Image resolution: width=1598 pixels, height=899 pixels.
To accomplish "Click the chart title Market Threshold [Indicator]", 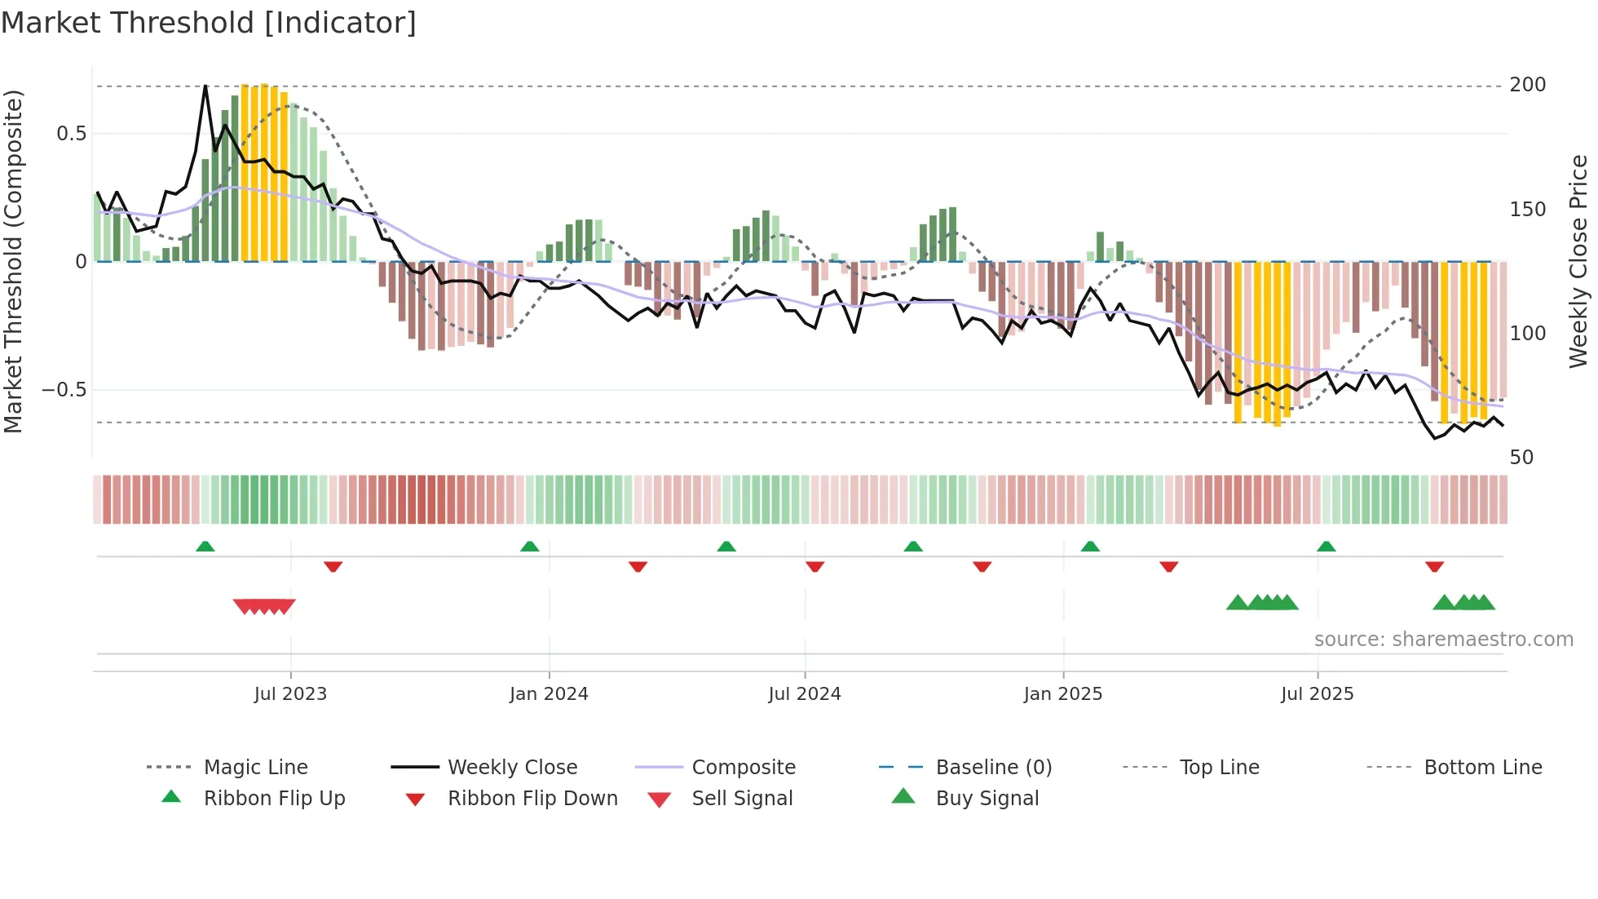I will click(x=209, y=23).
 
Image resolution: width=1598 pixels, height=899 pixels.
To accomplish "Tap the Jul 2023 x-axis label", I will click(x=290, y=694).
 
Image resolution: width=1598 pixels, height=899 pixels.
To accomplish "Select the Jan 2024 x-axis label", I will click(x=549, y=694).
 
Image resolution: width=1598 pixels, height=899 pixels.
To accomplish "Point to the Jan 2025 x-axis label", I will click(x=1063, y=694).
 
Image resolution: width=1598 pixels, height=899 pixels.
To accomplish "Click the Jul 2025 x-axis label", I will click(x=1318, y=694).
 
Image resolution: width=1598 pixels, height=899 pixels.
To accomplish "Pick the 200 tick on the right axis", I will click(x=1528, y=85).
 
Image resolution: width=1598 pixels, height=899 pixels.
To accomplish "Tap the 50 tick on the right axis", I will click(x=1521, y=458).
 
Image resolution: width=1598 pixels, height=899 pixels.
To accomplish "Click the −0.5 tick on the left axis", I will click(x=64, y=390).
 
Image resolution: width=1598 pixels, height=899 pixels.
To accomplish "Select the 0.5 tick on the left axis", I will click(x=71, y=134).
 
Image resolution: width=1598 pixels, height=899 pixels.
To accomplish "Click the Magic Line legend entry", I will click(x=255, y=768).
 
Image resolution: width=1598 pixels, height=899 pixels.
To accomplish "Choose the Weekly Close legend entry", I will click(x=512, y=768).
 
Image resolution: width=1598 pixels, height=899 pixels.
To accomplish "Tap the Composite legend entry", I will click(x=743, y=768).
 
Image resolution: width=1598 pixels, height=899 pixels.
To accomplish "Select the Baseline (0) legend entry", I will click(x=993, y=768).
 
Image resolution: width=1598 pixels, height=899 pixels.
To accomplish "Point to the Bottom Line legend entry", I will click(x=1482, y=768).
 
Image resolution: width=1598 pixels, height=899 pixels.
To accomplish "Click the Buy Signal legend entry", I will click(x=987, y=799).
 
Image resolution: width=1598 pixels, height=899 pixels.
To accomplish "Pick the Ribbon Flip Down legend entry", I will click(x=532, y=799).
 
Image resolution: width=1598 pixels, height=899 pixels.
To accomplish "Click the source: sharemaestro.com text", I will click(x=1443, y=640).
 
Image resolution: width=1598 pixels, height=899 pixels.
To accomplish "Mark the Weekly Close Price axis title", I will click(x=1578, y=261).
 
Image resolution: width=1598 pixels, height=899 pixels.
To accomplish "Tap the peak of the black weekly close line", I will click(x=205, y=86).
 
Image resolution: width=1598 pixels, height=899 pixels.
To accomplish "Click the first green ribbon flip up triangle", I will click(x=205, y=547).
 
